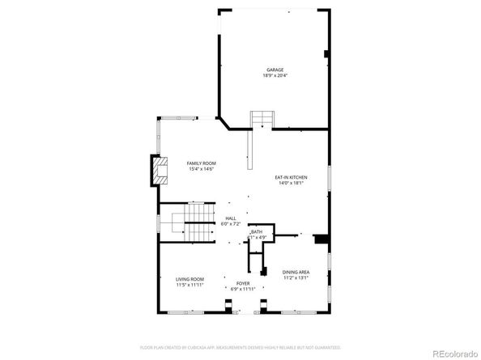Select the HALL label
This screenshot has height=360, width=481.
coord(231,218)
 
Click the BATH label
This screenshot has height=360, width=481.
coord(258,231)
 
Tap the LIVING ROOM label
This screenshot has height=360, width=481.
coord(189,279)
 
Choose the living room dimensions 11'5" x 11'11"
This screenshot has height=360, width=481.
coord(189,285)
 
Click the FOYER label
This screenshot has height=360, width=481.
coord(243,283)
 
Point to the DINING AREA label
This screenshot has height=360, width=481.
coord(296,272)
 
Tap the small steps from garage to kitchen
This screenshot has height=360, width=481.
coord(262,120)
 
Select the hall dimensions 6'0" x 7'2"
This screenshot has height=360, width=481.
coord(231,223)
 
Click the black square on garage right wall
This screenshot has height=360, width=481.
coord(326,55)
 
